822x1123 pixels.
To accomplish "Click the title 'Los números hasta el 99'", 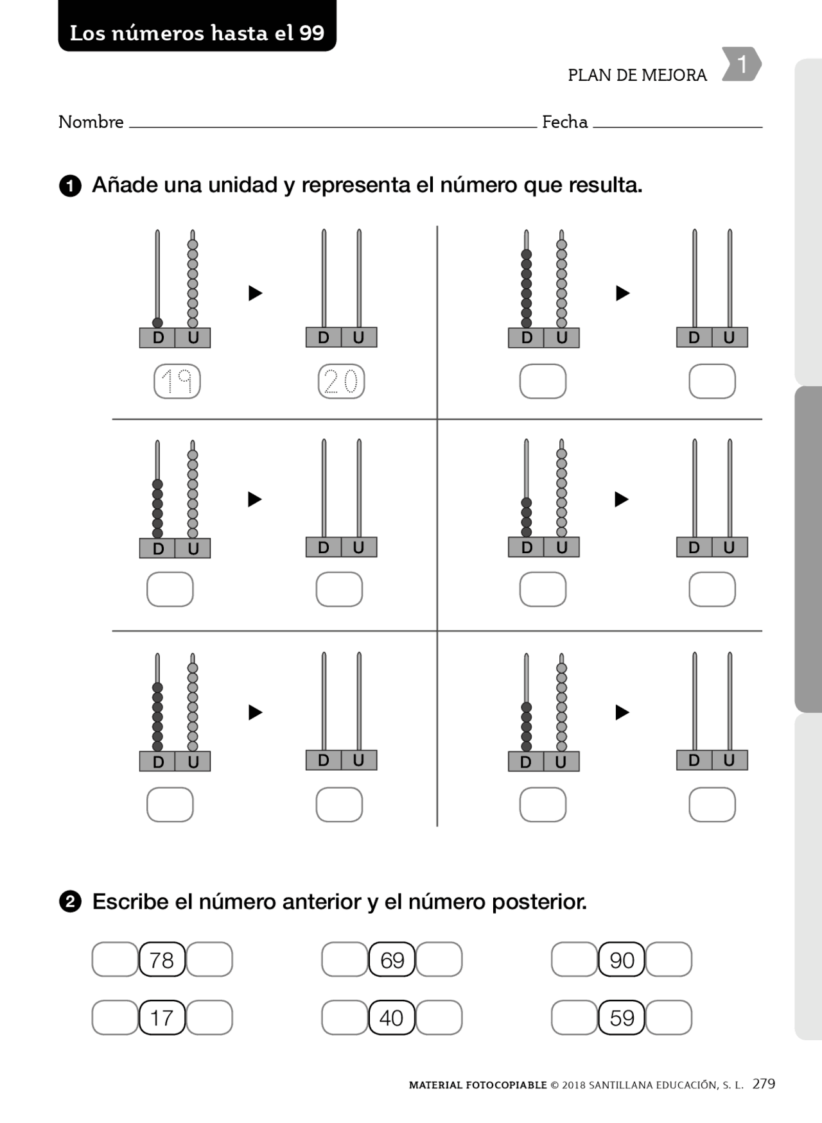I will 197,32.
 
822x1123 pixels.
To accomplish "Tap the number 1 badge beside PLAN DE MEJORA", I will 741,64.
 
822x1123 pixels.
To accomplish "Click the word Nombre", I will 91,122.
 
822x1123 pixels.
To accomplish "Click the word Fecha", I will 564,122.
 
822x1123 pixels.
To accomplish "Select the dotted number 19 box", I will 177,381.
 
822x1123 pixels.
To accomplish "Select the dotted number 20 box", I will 341,381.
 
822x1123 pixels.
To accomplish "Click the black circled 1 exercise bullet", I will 70,186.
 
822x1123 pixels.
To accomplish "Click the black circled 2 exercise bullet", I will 70,902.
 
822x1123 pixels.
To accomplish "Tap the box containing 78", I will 162,960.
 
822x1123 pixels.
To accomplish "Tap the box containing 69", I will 392,960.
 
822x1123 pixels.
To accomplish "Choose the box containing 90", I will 621,960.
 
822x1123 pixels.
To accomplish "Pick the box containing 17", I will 162,1018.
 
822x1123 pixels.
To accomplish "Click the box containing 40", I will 392,1018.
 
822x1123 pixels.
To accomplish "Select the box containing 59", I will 621,1018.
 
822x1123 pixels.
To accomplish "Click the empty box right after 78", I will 209,960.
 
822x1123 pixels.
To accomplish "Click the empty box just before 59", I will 574,1018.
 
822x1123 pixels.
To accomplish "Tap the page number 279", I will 764,1084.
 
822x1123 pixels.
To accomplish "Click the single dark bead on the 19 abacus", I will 157,323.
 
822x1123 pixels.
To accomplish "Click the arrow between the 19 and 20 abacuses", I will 255,293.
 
